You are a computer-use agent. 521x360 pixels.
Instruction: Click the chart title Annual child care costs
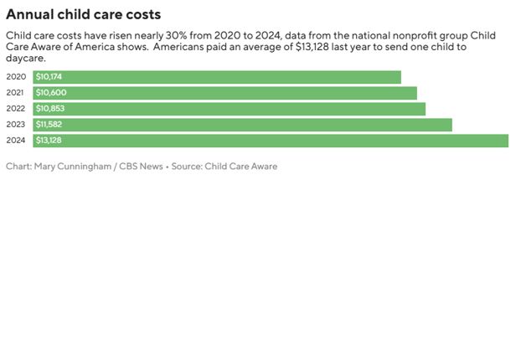click(x=84, y=15)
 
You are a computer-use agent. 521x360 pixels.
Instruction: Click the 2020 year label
click(x=16, y=77)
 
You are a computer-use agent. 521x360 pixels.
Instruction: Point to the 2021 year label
click(x=16, y=93)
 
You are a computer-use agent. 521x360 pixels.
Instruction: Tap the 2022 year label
click(x=16, y=109)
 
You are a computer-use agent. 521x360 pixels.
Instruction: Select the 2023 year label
click(x=16, y=125)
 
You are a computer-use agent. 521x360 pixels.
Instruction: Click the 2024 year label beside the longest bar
click(x=16, y=141)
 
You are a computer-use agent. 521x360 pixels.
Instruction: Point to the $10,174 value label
click(x=49, y=77)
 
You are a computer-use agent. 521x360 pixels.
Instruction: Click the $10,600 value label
click(x=49, y=93)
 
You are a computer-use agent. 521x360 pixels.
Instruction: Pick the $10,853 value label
click(x=49, y=109)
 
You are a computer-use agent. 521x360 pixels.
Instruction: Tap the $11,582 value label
click(x=49, y=125)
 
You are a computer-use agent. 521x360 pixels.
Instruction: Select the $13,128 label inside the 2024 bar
click(x=49, y=141)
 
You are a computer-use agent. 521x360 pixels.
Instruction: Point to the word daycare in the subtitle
click(x=26, y=58)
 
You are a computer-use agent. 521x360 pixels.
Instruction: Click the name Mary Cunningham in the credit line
click(x=73, y=167)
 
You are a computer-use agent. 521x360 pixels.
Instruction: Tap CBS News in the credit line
click(x=141, y=167)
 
